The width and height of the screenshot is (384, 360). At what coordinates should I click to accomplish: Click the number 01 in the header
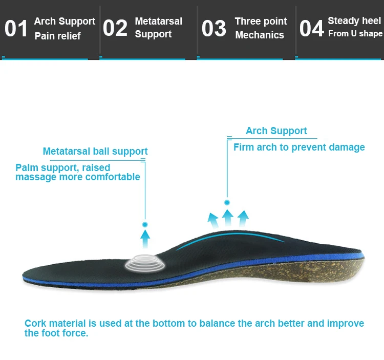(x=16, y=29)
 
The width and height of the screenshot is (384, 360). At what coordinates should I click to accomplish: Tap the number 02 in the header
(x=115, y=29)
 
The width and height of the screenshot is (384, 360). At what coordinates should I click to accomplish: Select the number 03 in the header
(x=214, y=29)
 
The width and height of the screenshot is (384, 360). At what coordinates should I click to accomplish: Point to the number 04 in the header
(x=311, y=29)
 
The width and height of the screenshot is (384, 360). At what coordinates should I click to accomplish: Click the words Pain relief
(x=57, y=36)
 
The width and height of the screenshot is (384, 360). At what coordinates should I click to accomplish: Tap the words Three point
(x=261, y=22)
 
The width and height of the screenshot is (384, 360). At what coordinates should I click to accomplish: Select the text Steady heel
(x=354, y=20)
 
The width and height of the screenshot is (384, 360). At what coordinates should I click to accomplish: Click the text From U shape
(x=355, y=33)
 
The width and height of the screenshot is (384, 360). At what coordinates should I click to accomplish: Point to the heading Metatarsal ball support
(x=95, y=151)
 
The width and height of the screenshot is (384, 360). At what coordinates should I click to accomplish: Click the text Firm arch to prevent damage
(x=299, y=147)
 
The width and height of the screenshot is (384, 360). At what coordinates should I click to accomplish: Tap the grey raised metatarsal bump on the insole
(x=145, y=263)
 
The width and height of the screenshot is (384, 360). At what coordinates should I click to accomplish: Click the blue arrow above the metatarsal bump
(x=145, y=238)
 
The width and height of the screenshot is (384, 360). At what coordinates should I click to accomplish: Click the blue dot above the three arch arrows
(x=227, y=202)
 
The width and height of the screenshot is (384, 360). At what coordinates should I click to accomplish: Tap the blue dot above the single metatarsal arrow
(x=145, y=224)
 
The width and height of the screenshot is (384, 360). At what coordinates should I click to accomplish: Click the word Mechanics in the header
(x=260, y=35)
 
